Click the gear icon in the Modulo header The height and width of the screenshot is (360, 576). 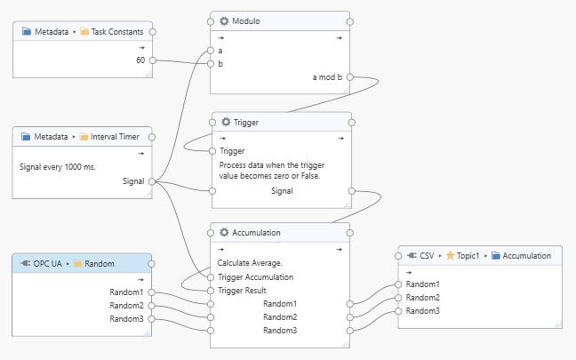coord(224,20)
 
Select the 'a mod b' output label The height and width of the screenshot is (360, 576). coord(327,77)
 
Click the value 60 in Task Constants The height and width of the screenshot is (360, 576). coord(140,60)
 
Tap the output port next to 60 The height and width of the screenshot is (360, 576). coord(153,60)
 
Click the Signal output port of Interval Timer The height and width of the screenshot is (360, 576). coord(153,181)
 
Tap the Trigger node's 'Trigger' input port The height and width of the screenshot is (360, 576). coord(212,151)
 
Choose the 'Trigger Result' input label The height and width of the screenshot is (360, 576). coord(243,291)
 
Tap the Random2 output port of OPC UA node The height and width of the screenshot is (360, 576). coord(153,306)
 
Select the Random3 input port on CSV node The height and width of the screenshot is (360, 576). coord(399,311)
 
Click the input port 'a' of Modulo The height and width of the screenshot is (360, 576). coord(211,51)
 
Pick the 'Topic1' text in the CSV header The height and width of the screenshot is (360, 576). coord(471,255)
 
